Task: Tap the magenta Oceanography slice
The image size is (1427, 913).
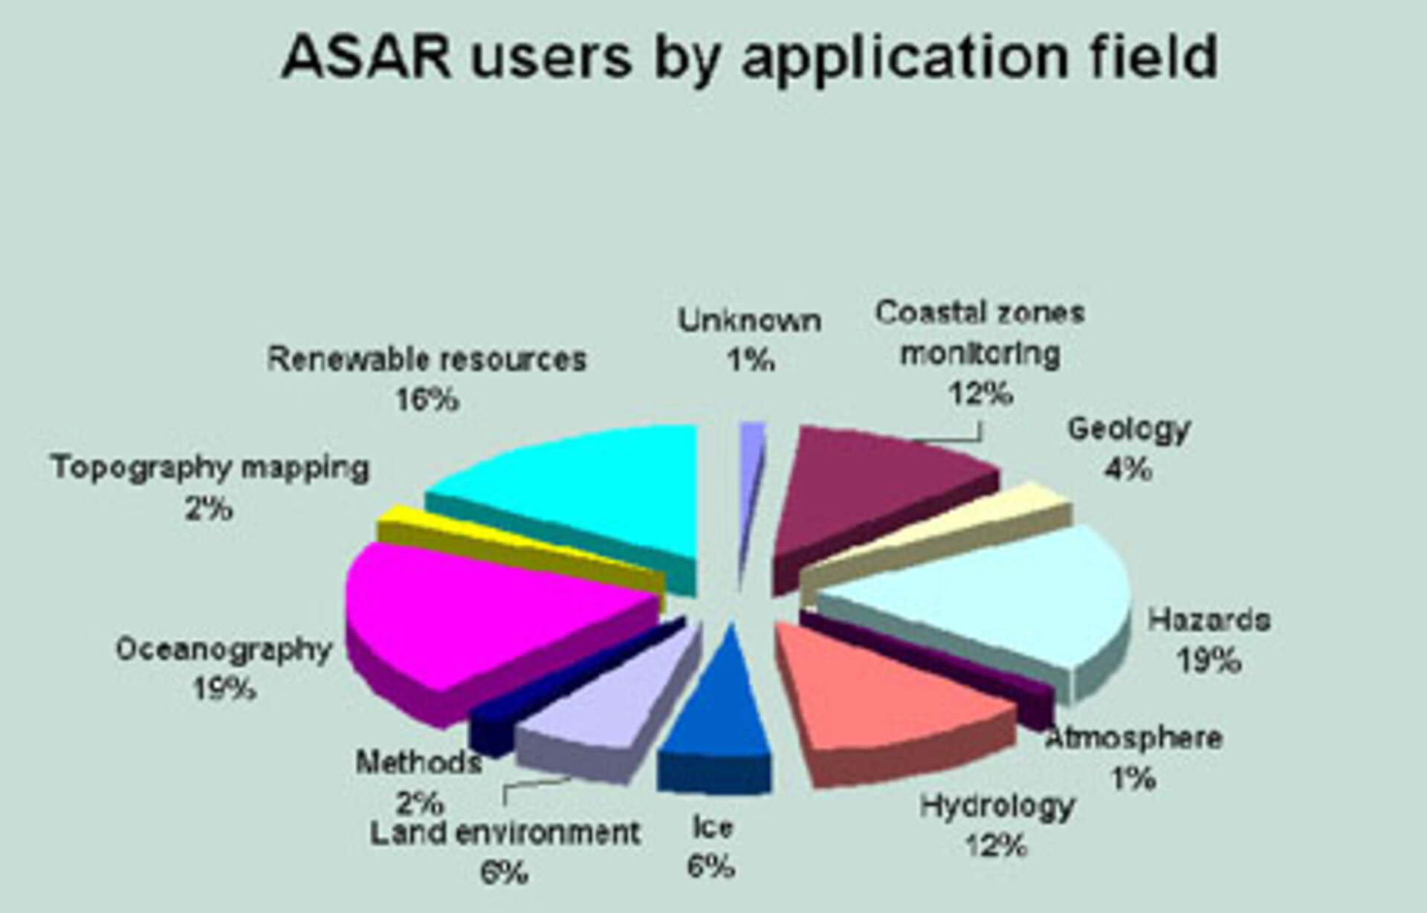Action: tap(476, 617)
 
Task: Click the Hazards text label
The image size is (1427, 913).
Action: tap(1208, 620)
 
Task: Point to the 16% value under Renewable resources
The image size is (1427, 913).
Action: tap(427, 400)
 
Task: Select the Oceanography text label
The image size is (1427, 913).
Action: tap(223, 649)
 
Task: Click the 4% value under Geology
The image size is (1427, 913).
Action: tap(1128, 470)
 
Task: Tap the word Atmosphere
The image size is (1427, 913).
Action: tap(1134, 738)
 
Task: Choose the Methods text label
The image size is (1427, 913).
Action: tap(418, 763)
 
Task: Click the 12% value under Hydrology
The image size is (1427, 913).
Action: tap(996, 845)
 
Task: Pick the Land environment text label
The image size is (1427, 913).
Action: tap(505, 833)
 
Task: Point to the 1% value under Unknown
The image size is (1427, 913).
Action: tap(751, 361)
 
